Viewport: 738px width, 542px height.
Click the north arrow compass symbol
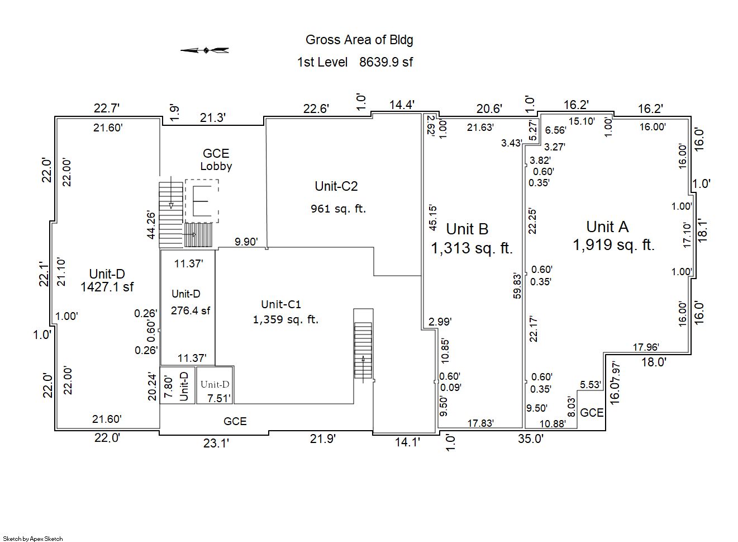[205, 50]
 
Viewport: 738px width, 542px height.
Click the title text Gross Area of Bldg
[359, 40]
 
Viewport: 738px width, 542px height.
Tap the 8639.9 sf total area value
[385, 62]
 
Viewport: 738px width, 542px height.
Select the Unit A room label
[607, 227]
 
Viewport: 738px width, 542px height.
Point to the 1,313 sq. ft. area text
[472, 248]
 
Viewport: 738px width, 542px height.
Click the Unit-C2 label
[336, 186]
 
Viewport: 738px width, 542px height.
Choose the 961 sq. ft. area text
[338, 209]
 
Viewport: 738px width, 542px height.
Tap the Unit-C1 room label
[281, 304]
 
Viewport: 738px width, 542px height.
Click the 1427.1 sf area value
[107, 287]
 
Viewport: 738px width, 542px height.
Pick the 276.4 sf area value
[191, 310]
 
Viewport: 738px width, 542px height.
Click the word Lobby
[216, 166]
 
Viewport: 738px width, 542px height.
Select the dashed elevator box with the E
[201, 201]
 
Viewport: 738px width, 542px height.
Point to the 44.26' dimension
[151, 225]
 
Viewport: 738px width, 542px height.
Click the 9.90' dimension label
[246, 242]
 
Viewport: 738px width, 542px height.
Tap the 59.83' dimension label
[517, 286]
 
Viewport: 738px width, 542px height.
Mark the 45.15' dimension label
[433, 218]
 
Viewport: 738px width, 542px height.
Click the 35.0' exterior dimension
[530, 439]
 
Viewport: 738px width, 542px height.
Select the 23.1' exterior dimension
[216, 443]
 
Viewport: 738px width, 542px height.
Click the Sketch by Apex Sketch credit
[33, 539]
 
